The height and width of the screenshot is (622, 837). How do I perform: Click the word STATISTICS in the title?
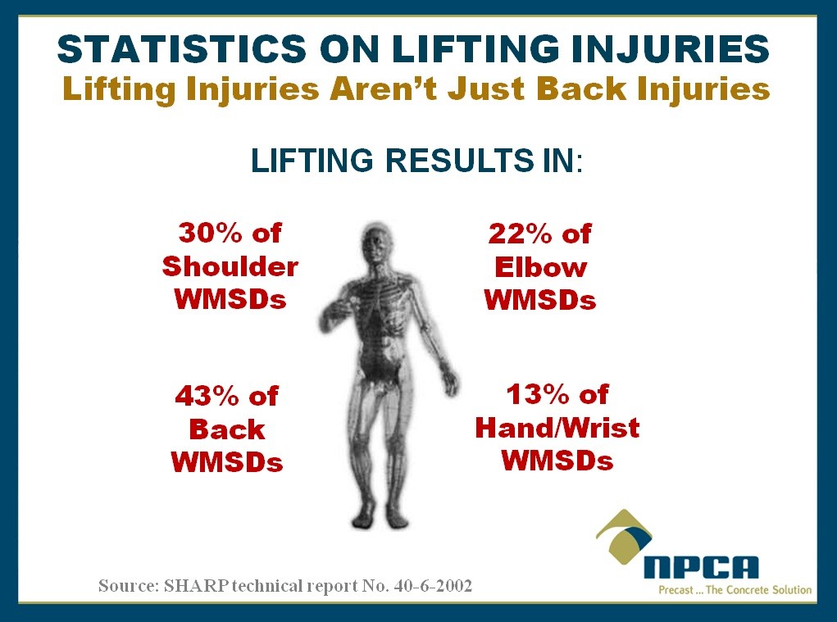coord(181,48)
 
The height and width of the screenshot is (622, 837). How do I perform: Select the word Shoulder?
coord(230,266)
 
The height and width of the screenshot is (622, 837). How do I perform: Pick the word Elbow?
coord(540,266)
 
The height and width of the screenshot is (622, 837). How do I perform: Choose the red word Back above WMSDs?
coord(227,429)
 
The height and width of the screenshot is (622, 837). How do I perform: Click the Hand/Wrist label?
coord(557,427)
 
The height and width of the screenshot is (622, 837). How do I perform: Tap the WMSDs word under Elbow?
coord(540,300)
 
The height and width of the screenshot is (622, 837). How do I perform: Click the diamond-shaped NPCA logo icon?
coord(624,536)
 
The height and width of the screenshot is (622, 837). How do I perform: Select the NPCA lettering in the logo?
coord(701,567)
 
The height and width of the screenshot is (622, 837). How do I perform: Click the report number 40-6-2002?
coord(433,586)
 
